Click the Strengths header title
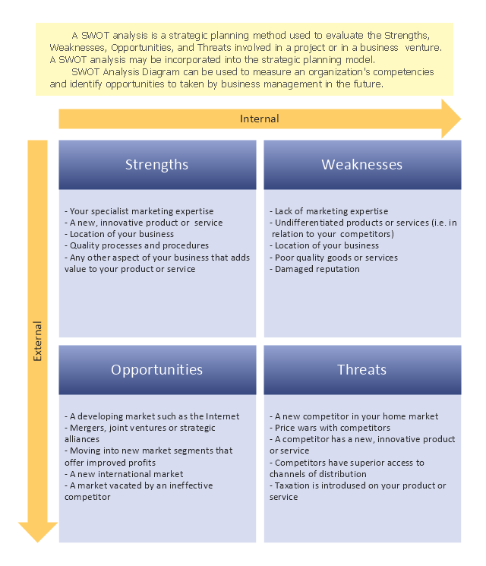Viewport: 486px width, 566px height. pos(156,165)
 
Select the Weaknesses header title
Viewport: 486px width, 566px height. pos(362,165)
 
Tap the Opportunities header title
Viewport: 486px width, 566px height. pos(156,370)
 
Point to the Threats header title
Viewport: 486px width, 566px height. pos(362,370)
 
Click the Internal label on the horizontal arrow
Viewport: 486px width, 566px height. pos(260,119)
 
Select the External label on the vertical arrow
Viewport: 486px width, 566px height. pos(37,341)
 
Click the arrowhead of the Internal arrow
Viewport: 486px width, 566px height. pos(451,119)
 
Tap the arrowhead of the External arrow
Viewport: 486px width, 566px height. pos(37,532)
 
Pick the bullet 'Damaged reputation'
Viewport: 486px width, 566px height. pos(314,269)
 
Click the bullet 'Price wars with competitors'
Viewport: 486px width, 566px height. pos(330,428)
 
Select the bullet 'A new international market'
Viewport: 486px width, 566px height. pos(124,474)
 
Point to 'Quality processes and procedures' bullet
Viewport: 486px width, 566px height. pos(137,245)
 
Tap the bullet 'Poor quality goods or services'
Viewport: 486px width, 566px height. pos(333,258)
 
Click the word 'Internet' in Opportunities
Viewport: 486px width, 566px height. pos(222,416)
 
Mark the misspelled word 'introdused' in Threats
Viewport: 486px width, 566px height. pos(346,485)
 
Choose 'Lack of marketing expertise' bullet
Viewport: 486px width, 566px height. pos(329,211)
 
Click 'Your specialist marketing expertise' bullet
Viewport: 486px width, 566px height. pos(139,211)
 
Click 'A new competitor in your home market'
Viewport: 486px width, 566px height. pos(354,416)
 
